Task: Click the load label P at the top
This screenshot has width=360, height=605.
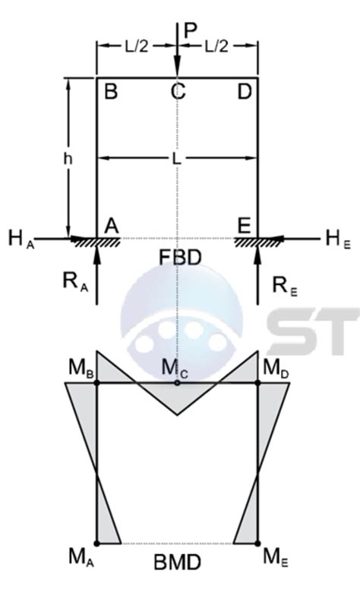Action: [191, 31]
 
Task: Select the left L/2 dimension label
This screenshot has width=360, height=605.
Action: [136, 46]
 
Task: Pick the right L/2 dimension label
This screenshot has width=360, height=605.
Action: [216, 46]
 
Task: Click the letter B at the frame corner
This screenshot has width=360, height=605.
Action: [111, 92]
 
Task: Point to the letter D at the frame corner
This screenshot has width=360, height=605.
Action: [245, 92]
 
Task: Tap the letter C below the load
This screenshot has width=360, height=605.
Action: [178, 92]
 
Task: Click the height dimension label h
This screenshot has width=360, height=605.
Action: [68, 159]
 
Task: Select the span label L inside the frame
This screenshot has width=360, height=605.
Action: [176, 159]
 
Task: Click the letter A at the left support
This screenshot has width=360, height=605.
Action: [112, 225]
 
